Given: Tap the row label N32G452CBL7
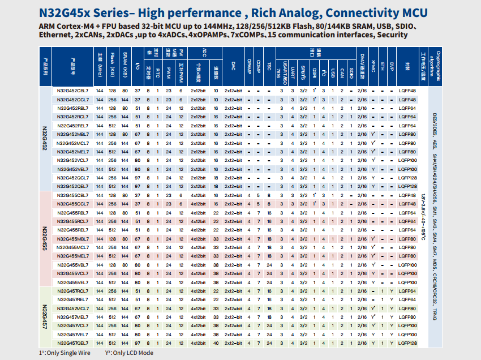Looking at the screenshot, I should coord(72,91).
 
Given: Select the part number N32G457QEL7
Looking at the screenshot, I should coord(72,343).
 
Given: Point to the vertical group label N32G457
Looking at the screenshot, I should coord(46,316).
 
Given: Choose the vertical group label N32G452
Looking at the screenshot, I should coord(46,139).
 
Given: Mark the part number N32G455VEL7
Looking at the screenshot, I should coord(72,282).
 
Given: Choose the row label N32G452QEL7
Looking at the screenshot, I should coord(72,186).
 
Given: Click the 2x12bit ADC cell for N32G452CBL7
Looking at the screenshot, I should coord(201,91).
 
